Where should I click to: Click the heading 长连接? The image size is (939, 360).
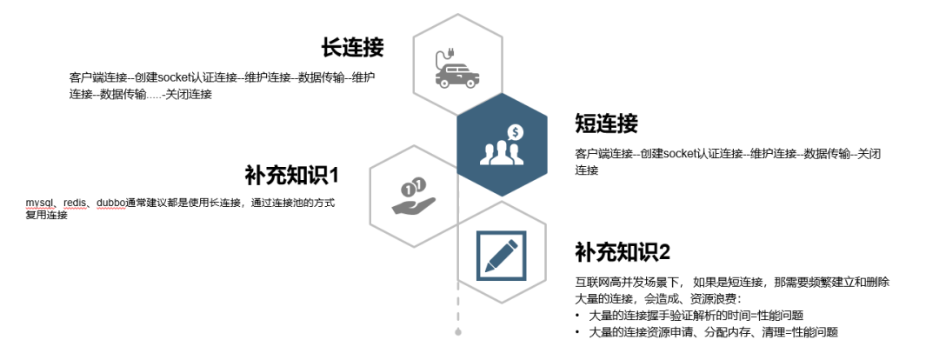(352, 47)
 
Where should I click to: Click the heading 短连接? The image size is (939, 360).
(606, 123)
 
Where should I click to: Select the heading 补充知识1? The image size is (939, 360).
(291, 176)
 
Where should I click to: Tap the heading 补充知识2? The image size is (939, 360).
(623, 252)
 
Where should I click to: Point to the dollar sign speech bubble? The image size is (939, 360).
(516, 132)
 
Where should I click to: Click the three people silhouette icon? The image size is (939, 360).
(502, 152)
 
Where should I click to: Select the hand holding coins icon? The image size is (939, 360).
(413, 196)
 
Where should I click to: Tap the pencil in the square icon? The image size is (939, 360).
(502, 256)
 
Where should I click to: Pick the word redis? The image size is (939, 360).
(75, 203)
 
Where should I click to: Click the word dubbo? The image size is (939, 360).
(110, 203)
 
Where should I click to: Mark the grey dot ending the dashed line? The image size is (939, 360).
(458, 332)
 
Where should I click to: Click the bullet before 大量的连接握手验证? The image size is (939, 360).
(577, 315)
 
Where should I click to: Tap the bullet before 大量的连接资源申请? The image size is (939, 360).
(577, 332)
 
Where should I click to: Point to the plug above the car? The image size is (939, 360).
(443, 55)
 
